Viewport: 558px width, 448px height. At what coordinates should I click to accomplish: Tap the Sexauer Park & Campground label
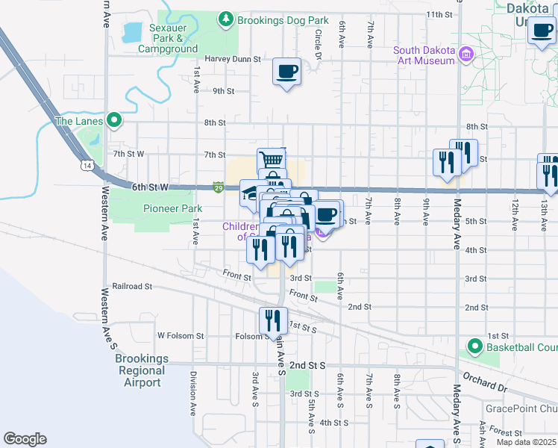[x=173, y=39]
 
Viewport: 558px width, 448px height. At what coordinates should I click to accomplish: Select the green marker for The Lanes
[x=113, y=119]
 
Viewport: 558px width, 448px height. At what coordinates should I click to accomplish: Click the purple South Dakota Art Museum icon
[x=466, y=54]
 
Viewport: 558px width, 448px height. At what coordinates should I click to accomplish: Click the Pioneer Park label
[x=151, y=208]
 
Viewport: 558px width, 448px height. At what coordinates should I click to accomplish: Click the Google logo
[x=25, y=439]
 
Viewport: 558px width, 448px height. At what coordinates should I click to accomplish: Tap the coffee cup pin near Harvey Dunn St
[x=286, y=72]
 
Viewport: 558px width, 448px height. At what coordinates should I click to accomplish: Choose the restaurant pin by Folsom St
[x=273, y=320]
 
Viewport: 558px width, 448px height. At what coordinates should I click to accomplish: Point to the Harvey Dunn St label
[x=233, y=59]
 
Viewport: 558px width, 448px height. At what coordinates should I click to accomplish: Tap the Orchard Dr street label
[x=483, y=381]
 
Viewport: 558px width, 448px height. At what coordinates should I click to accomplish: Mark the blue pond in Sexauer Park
[x=132, y=32]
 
